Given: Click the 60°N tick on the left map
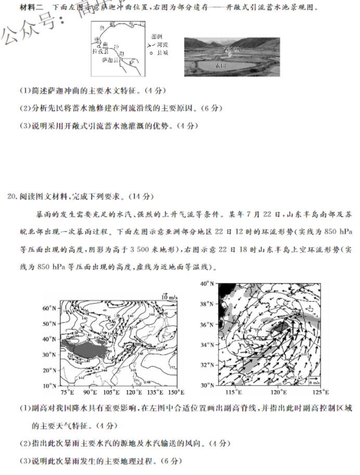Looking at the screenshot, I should [x=49, y=308].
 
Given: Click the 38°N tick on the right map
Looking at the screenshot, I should [x=207, y=304].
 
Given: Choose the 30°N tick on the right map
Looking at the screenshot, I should [x=207, y=385].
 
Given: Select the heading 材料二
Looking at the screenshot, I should [x=31, y=8].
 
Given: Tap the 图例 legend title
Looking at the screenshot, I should [x=157, y=37].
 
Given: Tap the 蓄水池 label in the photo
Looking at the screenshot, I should [x=231, y=49].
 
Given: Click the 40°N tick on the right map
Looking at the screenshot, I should [x=207, y=284].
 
